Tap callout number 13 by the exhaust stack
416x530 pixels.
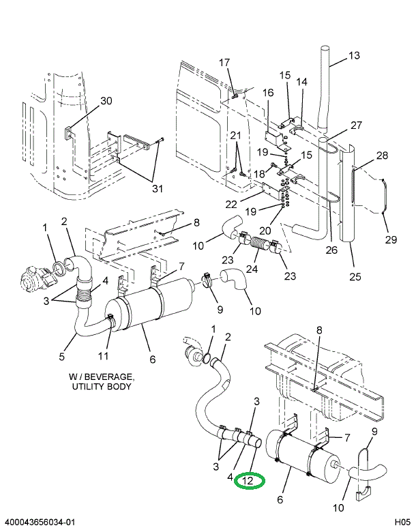point(353,56)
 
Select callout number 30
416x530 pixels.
point(106,101)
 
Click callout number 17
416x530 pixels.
point(224,63)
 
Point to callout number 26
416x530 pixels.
point(331,250)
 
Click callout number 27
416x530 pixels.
point(356,125)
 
